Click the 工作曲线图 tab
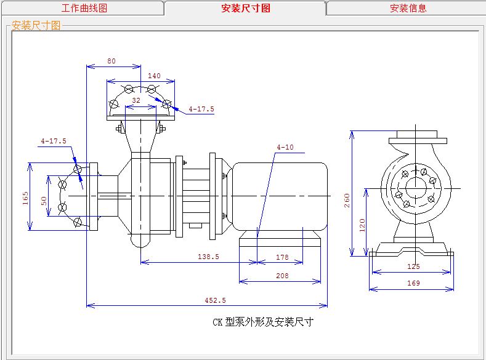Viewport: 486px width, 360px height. pos(84,8)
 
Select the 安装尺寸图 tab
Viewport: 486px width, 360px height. pos(245,8)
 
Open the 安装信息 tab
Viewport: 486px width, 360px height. pos(408,8)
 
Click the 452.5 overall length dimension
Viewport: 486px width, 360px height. pos(215,300)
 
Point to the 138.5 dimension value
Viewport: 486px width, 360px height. pos(207,257)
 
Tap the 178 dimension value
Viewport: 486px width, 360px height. pos(282,257)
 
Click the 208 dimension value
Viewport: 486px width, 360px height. pos(282,276)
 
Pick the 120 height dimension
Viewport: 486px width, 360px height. pos(362,225)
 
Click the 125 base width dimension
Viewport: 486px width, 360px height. pos(413,266)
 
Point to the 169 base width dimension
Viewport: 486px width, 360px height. pos(413,283)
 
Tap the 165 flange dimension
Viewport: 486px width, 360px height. pos(26,199)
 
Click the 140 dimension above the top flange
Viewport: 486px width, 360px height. pos(154,76)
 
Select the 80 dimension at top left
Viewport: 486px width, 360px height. pos(111,61)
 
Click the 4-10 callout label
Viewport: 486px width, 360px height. pos(285,147)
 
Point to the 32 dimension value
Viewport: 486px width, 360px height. pos(136,100)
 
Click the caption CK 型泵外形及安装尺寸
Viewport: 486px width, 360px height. pos(263,322)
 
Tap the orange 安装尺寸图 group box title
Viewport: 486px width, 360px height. pos(36,25)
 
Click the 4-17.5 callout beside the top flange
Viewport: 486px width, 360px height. pos(201,109)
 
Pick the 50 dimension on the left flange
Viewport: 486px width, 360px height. pos(43,201)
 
